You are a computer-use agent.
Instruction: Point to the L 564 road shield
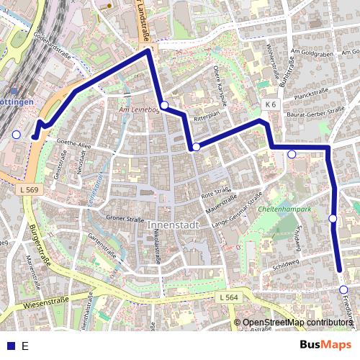[228, 297]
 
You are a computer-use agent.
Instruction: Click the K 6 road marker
[270, 104]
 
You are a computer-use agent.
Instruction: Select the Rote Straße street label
[215, 192]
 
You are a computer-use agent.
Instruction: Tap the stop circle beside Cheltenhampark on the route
[333, 218]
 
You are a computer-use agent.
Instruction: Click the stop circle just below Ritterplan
[196, 147]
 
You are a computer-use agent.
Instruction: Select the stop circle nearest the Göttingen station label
[17, 134]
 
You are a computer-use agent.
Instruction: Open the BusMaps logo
[326, 345]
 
